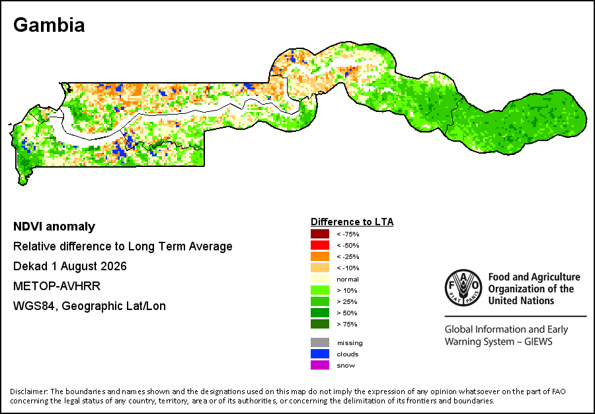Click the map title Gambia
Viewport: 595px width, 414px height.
[x=49, y=25]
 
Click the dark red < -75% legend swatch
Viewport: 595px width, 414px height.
[x=319, y=234]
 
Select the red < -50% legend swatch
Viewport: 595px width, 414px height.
[x=319, y=245]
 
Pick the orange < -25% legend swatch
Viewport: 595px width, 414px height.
[x=319, y=256]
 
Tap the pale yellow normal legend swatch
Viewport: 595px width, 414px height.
[x=319, y=279]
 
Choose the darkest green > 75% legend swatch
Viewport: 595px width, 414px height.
[x=319, y=325]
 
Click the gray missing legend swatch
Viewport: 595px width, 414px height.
[x=319, y=342]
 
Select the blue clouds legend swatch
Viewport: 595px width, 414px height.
[x=319, y=354]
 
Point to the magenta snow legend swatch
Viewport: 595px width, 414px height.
[x=319, y=366]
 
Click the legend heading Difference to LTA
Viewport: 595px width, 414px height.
[x=352, y=222]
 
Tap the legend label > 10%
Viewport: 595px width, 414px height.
[x=347, y=290]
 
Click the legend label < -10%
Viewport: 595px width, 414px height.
[x=348, y=268]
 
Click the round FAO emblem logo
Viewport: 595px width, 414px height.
[x=463, y=287]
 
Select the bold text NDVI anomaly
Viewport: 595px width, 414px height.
[x=54, y=227]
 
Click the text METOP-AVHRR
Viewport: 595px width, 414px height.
[x=57, y=286]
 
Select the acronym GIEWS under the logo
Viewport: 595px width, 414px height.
[x=538, y=341]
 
